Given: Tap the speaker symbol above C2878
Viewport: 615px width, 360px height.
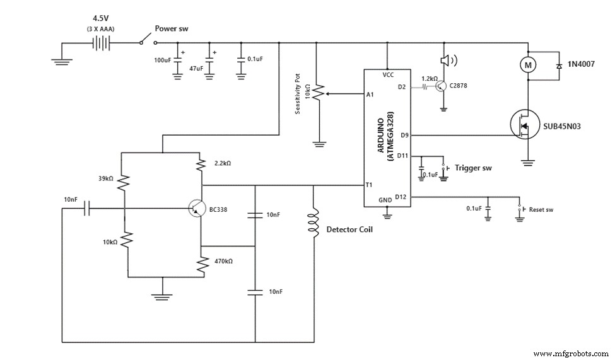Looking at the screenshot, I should pos(445,60).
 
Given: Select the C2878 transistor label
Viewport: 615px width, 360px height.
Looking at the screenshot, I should pos(462,85).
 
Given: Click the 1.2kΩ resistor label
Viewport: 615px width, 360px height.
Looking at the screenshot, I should pos(430,79).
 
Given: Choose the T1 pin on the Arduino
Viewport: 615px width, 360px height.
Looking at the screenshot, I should pos(369,185).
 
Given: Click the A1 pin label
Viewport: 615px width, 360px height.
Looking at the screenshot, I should pos(370,95).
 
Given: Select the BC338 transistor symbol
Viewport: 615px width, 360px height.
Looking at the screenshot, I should pos(197,209).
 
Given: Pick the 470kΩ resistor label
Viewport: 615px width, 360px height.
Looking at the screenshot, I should pos(223,260).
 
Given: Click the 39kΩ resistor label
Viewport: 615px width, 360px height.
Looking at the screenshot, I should pos(105,178).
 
